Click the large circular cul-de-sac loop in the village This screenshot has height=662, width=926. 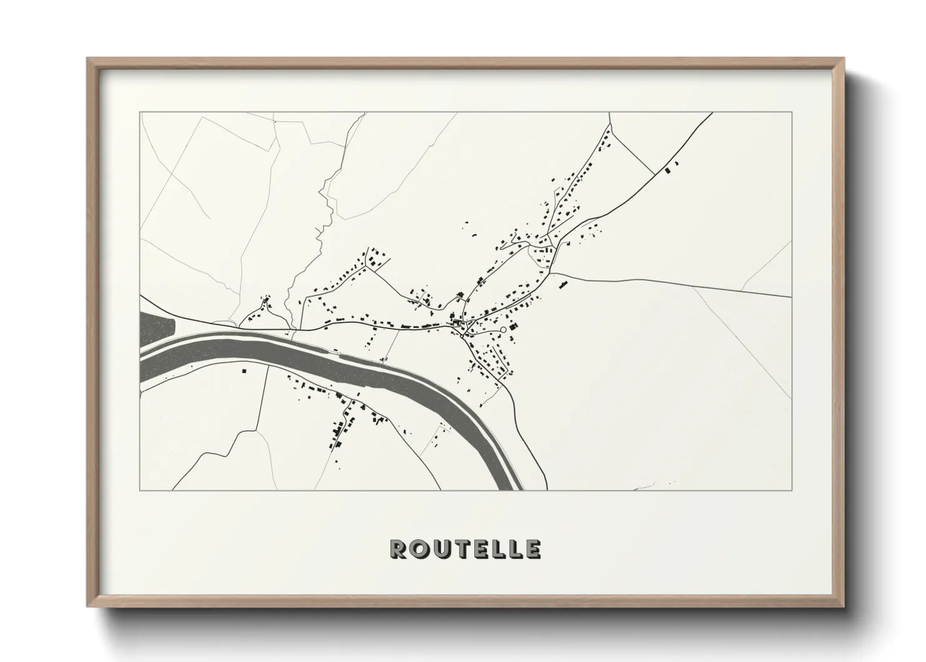point(504,330)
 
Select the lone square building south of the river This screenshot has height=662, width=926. point(244,371)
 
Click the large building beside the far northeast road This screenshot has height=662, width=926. point(667,170)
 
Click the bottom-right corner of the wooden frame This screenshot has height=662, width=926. point(843,606)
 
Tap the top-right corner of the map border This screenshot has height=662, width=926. point(792,112)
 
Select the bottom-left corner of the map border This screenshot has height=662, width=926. point(140,490)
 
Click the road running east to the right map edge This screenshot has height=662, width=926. point(688,285)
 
